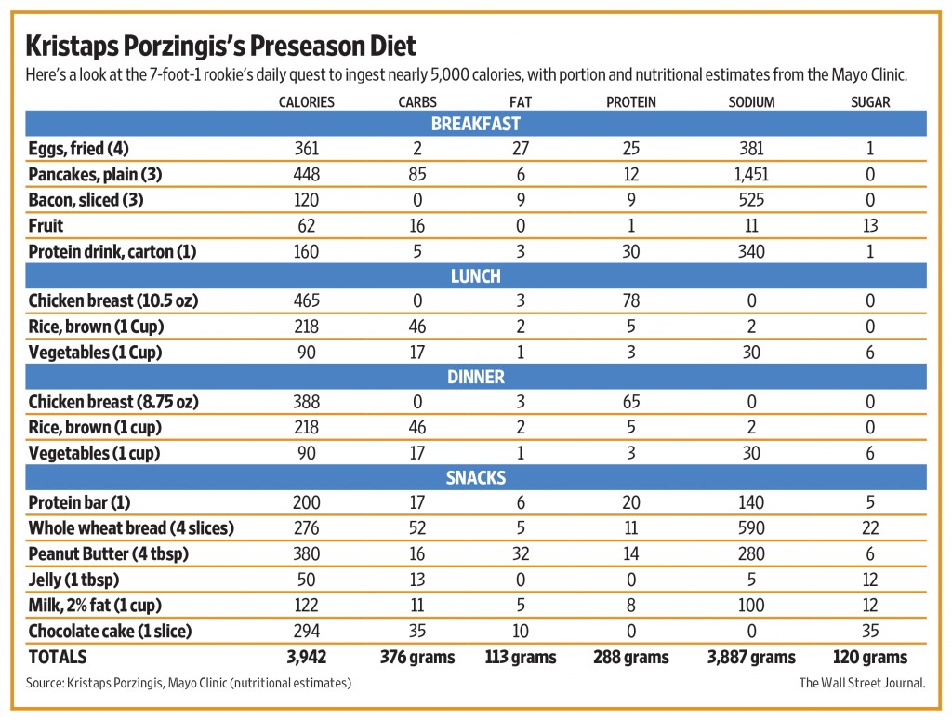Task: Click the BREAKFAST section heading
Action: [x=475, y=124]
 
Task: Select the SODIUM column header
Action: [x=751, y=102]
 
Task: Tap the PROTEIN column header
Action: [x=631, y=102]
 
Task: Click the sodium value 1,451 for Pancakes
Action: [x=751, y=174]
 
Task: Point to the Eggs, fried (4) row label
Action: [x=78, y=149]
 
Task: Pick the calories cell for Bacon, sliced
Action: [x=306, y=200]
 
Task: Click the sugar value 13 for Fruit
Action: [x=870, y=225]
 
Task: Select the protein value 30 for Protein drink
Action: [x=631, y=251]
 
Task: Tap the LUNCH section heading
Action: [x=475, y=276]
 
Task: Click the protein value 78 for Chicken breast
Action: [x=631, y=300]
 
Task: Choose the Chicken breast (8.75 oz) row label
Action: [x=113, y=402]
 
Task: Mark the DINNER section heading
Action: [x=475, y=378]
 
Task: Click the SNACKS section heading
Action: [x=475, y=478]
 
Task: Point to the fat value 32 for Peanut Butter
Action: [x=521, y=553]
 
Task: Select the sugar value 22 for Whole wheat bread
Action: [x=870, y=528]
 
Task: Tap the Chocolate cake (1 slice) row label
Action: [x=110, y=632]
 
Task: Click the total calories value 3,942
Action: [x=306, y=657]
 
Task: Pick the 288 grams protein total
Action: [x=631, y=657]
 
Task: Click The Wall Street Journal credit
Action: [x=862, y=683]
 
